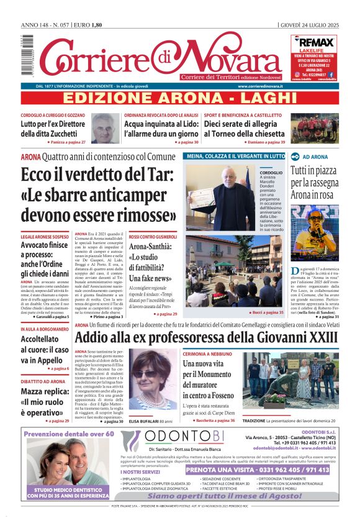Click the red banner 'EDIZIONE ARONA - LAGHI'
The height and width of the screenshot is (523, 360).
pos(179,99)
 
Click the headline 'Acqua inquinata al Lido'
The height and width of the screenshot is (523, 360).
pos(161,129)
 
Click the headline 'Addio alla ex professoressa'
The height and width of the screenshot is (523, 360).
pos(206,338)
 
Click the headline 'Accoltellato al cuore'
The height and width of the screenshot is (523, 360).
pos(44,350)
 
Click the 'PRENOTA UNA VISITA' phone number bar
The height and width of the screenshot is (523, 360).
pos(257,470)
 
